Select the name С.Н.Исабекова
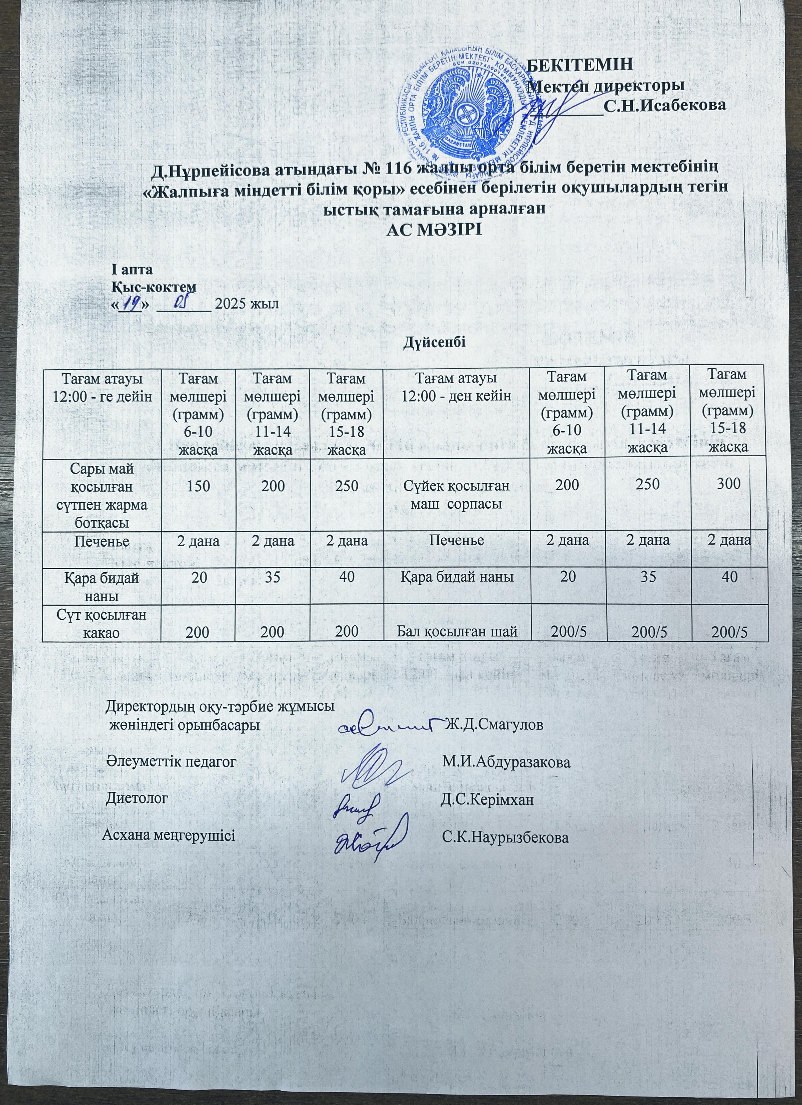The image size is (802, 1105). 665,105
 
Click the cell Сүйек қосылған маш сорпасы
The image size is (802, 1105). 456,495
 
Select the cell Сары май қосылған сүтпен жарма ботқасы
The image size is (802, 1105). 102,495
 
